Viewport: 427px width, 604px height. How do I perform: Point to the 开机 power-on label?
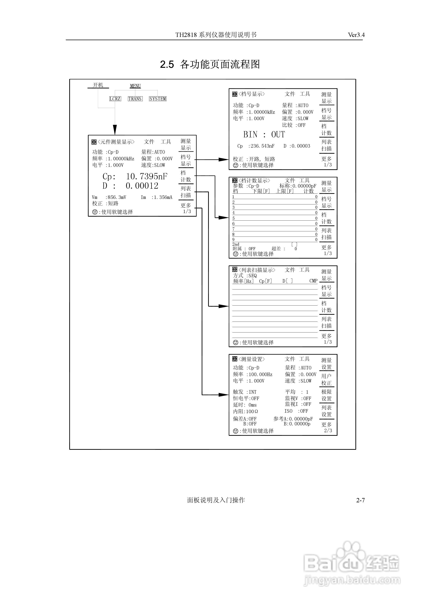[98, 85]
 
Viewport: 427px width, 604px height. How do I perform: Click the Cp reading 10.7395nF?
[147, 176]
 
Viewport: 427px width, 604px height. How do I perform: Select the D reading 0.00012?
[142, 186]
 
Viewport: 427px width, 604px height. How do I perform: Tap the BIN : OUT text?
[264, 135]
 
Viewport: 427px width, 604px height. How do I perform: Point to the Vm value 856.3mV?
[117, 197]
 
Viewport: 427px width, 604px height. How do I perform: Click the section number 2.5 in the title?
[167, 64]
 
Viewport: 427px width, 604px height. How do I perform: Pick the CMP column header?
[313, 281]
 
